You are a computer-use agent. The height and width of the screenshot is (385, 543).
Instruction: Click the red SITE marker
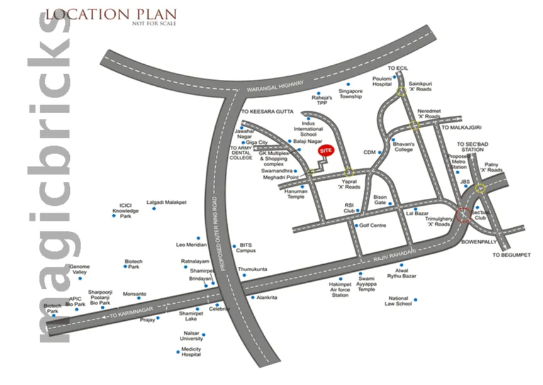tap(325, 152)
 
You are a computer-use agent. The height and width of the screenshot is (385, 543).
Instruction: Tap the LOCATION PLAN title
tap(111, 14)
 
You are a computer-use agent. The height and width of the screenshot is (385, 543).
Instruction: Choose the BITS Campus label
tap(245, 247)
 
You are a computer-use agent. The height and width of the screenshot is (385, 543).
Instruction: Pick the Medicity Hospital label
tap(191, 352)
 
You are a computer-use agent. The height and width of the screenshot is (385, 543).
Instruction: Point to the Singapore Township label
tap(350, 94)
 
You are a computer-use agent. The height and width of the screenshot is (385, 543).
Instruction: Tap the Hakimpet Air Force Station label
tap(340, 290)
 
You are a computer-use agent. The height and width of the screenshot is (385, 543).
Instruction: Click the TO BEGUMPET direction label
tap(511, 255)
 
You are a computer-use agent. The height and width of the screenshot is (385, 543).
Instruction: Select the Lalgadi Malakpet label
tap(164, 202)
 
